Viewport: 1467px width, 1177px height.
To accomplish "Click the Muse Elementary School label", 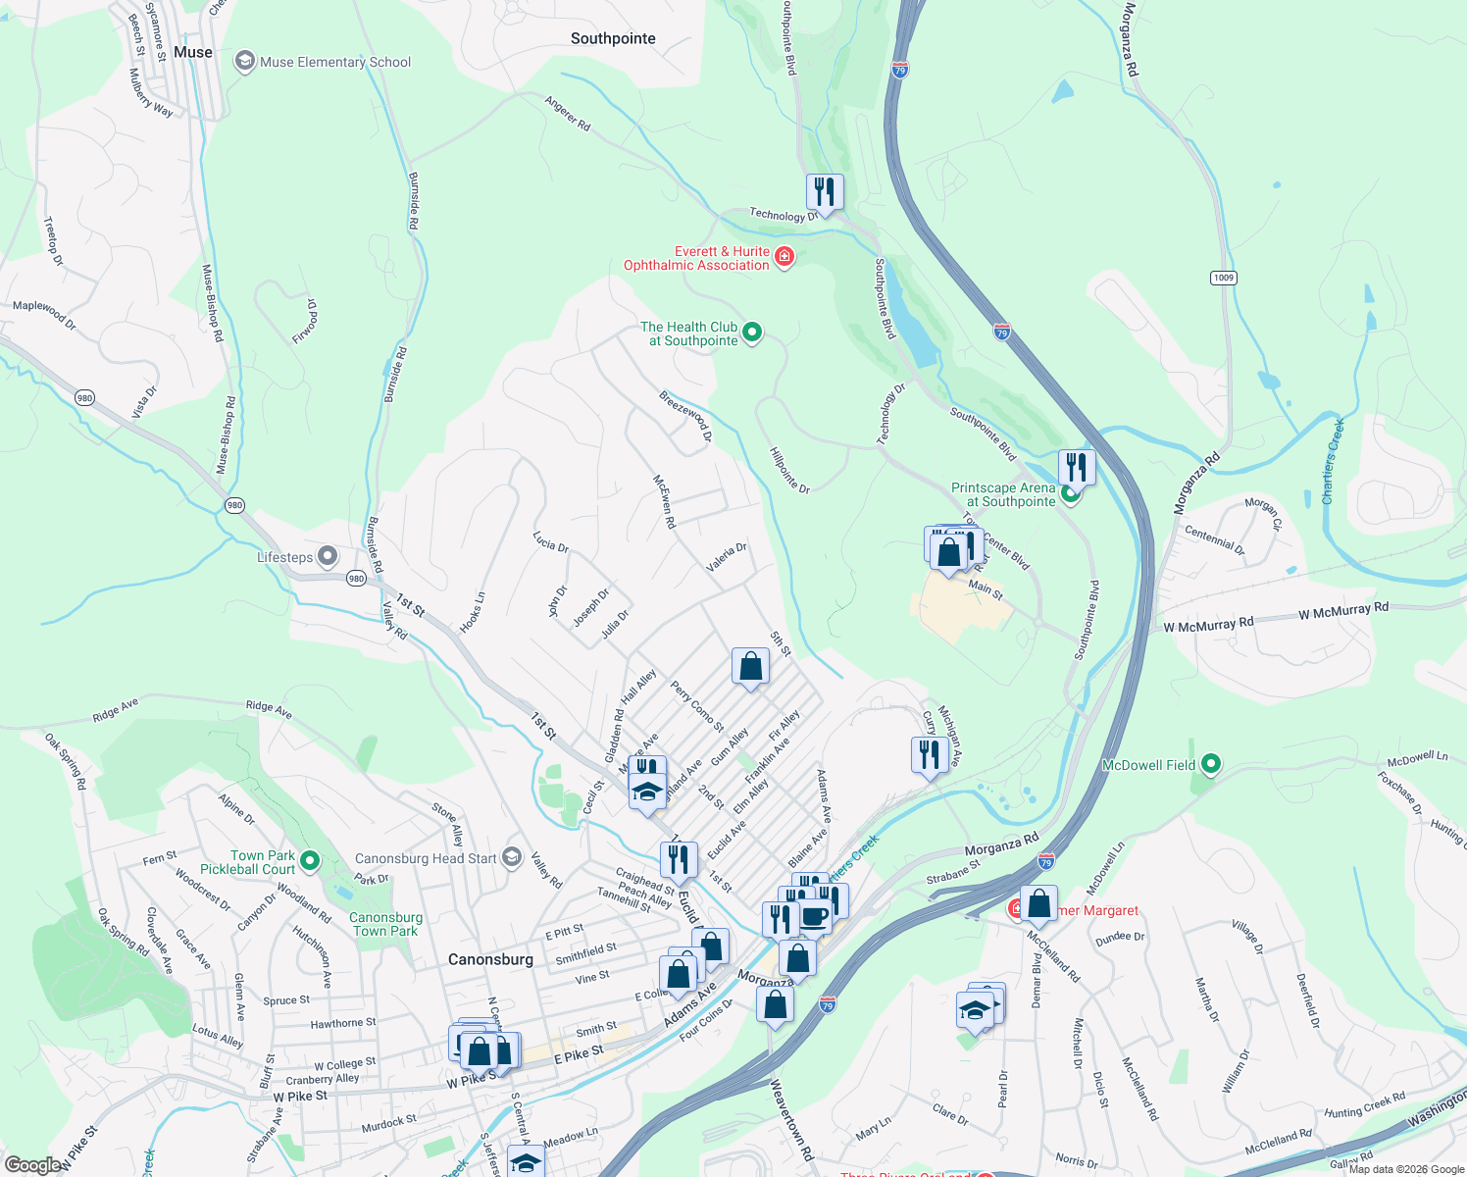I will tap(334, 62).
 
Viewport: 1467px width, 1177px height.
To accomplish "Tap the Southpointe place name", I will tap(613, 39).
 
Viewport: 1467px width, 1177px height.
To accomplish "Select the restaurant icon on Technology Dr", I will tap(825, 192).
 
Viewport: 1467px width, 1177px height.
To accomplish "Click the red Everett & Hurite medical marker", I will tap(784, 257).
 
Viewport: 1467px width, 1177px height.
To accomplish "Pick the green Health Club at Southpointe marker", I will tap(752, 333).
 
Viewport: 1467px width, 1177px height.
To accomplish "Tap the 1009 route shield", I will tap(1223, 278).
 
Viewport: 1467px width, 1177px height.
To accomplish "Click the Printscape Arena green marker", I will tap(1071, 494).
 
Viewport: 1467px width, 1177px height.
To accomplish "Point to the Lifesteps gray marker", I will tap(328, 557).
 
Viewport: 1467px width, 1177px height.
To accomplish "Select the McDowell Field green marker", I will tap(1211, 764).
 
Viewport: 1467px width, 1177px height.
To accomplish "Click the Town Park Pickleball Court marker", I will tap(310, 861).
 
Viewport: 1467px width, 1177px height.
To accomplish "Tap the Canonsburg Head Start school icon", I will tap(511, 857).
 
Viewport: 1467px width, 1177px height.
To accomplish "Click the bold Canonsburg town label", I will tap(490, 959).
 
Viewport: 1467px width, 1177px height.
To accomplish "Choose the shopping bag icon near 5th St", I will tap(750, 667).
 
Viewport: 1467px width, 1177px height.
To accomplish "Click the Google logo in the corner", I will tap(32, 1165).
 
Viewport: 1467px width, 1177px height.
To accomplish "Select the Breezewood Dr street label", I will tap(685, 417).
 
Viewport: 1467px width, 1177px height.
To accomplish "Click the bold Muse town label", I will tap(192, 52).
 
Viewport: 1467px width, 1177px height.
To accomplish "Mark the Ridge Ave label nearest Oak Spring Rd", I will tap(116, 710).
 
